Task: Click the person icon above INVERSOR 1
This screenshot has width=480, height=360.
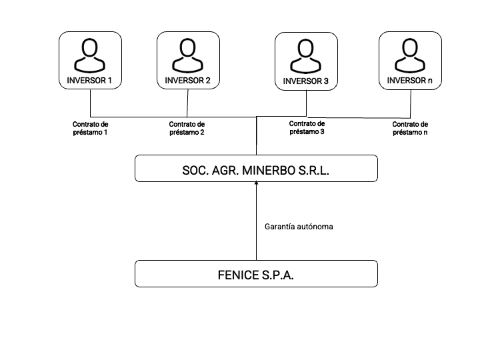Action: [90, 55]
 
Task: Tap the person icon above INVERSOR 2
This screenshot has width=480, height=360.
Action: [188, 55]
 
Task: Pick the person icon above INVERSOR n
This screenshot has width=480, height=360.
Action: [410, 55]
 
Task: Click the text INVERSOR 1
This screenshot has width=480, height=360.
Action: [90, 81]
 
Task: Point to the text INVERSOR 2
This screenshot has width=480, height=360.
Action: [188, 81]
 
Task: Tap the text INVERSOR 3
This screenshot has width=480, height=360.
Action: [306, 81]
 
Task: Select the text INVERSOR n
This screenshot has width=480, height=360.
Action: [410, 81]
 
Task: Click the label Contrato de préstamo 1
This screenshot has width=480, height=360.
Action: [90, 128]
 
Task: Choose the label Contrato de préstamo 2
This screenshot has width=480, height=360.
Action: [187, 128]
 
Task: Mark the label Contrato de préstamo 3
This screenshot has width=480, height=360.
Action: [307, 127]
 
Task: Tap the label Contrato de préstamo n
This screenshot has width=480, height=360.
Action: [410, 128]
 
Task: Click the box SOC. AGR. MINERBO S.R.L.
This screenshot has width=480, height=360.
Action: [256, 168]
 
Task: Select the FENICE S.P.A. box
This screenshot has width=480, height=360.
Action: [256, 274]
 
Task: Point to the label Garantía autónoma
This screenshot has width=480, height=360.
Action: [299, 227]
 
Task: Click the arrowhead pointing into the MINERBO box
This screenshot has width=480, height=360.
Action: [256, 185]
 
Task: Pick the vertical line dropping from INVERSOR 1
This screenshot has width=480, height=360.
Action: [90, 103]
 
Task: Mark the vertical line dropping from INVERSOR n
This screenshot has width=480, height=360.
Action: [410, 103]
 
